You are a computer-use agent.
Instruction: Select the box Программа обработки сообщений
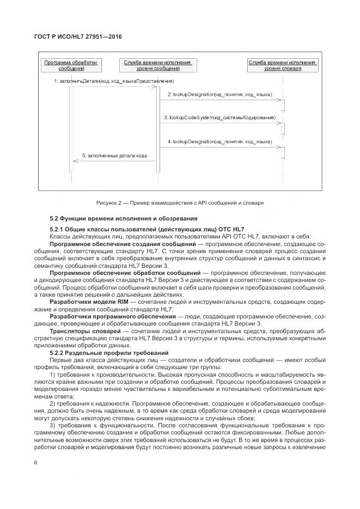point(71,66)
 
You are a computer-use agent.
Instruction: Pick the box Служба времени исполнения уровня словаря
point(283,66)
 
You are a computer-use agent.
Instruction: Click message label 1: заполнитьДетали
point(113,81)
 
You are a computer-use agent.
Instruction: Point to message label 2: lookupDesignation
point(219,95)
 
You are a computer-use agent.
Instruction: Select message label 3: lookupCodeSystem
point(219,118)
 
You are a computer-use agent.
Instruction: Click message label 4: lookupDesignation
point(219,141)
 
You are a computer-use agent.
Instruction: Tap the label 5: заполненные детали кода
point(114,155)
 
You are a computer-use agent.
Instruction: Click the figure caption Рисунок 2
point(180,203)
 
